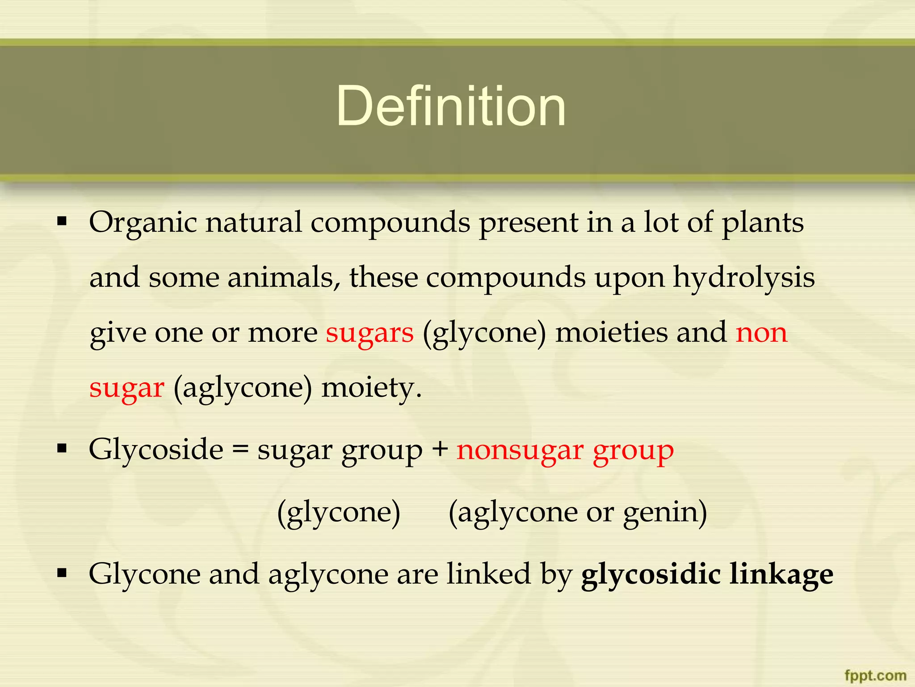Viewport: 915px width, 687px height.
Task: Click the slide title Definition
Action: click(451, 106)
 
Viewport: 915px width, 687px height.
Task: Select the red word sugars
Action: click(369, 333)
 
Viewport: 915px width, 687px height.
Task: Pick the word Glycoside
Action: click(156, 449)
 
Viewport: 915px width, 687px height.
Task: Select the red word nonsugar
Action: click(520, 450)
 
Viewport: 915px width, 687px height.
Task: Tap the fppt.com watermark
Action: click(875, 675)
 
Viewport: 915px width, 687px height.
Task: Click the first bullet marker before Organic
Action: click(62, 221)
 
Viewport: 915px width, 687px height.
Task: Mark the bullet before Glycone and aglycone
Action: click(62, 572)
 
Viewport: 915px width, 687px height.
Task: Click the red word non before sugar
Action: click(761, 333)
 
